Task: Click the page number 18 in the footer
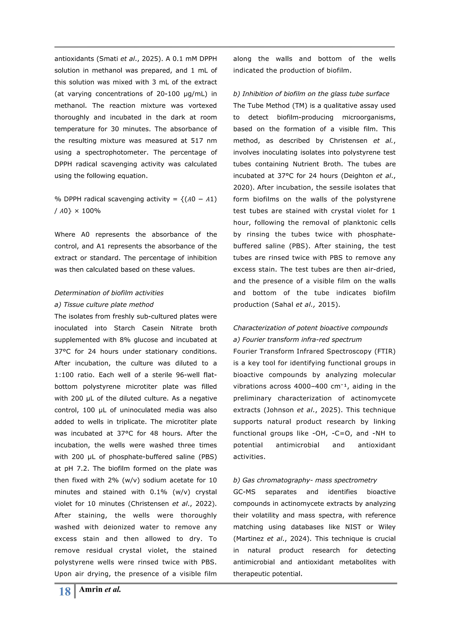(x=65, y=592)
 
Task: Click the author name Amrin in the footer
(x=91, y=589)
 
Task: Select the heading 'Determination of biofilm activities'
(x=109, y=293)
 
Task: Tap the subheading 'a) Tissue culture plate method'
(x=104, y=304)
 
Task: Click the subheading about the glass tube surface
(x=311, y=94)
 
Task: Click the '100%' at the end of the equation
(x=91, y=211)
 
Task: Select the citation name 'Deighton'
(x=358, y=176)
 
